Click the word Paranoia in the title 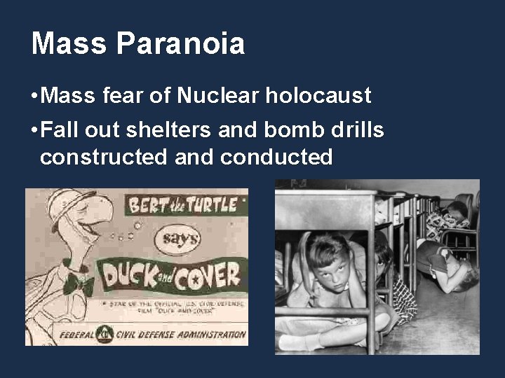coord(181,43)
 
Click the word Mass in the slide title coord(69,43)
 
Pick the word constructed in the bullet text coord(104,157)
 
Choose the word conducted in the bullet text coord(276,157)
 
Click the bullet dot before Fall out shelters coord(34,131)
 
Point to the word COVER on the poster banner coord(208,274)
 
